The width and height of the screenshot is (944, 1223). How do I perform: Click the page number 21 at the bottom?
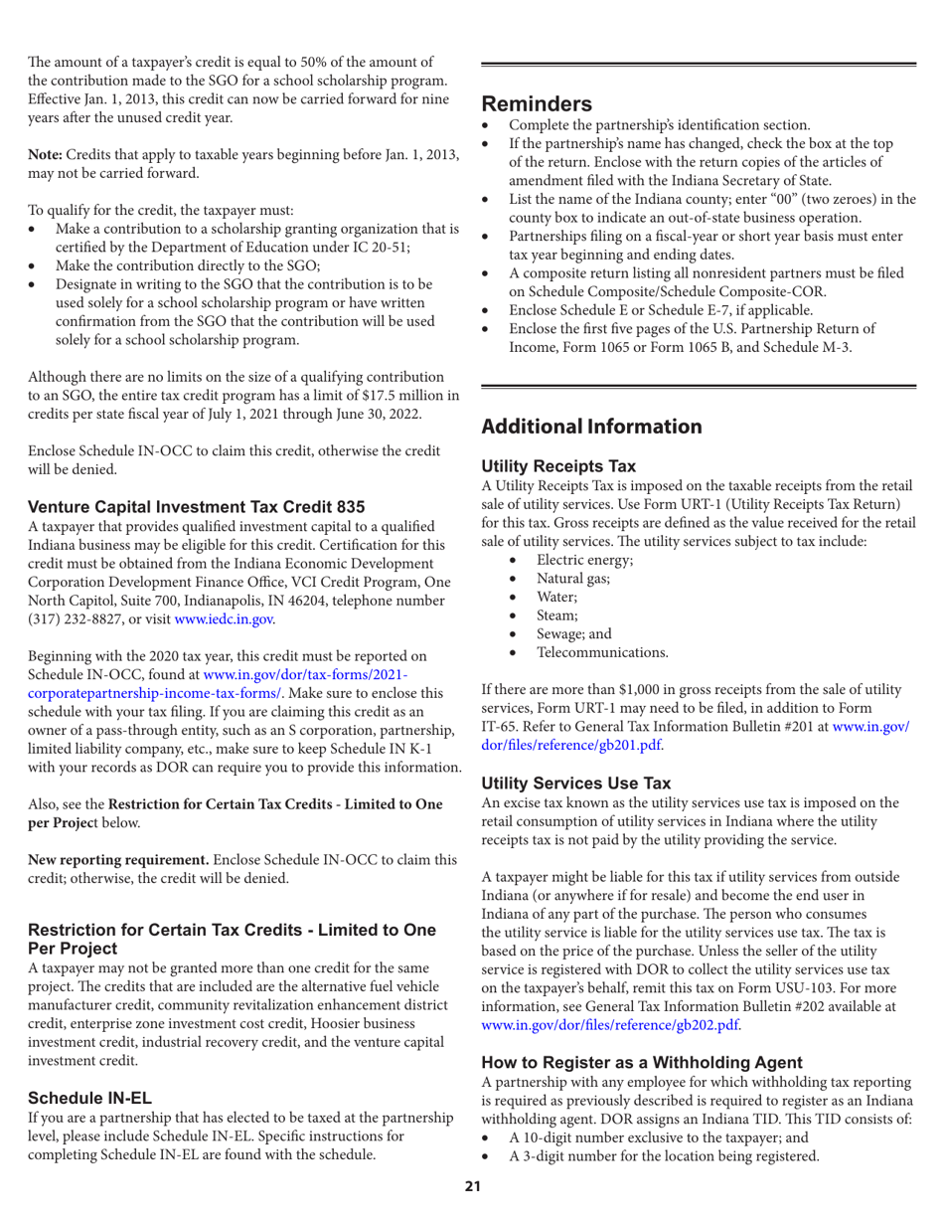[472, 1199]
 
